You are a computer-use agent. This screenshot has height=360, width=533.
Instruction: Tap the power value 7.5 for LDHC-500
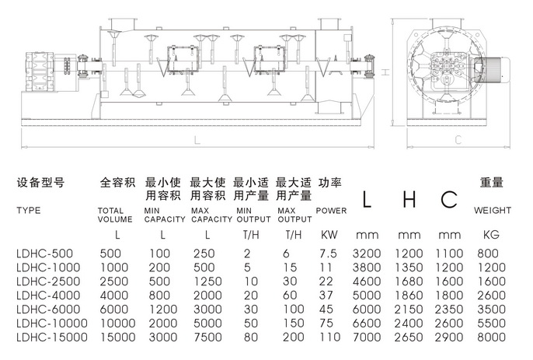pos(329,253)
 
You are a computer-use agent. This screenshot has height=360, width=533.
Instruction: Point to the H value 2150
pos(408,309)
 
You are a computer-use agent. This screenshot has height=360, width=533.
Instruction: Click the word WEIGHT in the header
pos(493,211)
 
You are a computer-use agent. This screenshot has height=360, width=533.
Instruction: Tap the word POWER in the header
pos(331,211)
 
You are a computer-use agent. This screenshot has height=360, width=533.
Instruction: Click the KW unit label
pos(329,234)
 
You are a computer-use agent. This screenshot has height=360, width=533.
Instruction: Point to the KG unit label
pos(491,234)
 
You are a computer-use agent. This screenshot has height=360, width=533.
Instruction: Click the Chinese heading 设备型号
pos(40,183)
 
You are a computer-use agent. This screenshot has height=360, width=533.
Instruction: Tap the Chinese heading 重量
pos(491,183)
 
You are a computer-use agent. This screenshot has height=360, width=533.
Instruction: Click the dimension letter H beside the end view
pos(385,72)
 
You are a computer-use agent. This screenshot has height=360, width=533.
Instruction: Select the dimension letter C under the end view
pos(458,140)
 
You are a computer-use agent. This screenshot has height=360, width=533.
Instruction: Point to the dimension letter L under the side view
pos(197,140)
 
